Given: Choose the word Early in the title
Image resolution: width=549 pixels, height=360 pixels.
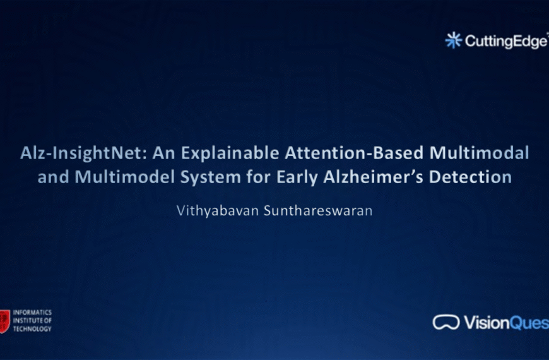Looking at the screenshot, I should [297, 177].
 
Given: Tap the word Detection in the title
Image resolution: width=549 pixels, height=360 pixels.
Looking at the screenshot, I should [470, 177].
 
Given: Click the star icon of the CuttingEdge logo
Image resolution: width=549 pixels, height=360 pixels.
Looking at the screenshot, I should [453, 40].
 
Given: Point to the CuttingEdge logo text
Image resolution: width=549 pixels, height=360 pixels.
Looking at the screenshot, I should [505, 41].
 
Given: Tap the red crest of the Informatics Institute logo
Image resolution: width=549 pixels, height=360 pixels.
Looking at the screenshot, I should [5, 320].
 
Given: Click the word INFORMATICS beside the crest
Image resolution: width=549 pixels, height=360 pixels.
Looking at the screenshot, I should [32, 313].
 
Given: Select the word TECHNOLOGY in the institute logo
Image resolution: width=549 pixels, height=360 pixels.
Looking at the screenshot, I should [32, 329].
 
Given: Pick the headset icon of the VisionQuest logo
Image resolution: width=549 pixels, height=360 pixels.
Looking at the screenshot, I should [446, 322].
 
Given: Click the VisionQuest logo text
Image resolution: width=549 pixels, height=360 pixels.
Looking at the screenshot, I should [505, 323].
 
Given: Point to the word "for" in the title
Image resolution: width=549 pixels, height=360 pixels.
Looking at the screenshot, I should [259, 177].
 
